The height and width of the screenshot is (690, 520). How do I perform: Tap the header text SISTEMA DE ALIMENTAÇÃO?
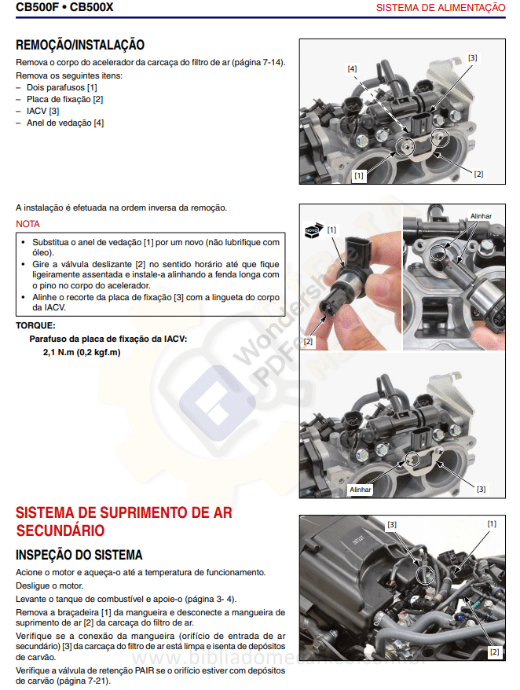[x=441, y=8]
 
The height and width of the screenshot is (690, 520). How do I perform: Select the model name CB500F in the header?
[x=38, y=8]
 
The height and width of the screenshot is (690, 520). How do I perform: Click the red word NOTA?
[x=27, y=224]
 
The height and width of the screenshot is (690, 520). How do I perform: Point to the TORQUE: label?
[x=35, y=325]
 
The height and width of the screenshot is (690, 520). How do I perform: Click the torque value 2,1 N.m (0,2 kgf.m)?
[x=82, y=352]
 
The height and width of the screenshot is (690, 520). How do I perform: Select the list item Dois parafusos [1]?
[x=62, y=87]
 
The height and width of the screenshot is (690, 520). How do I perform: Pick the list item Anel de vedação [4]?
[x=65, y=123]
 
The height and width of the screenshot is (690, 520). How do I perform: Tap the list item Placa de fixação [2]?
[x=65, y=99]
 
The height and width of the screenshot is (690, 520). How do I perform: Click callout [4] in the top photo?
[x=353, y=69]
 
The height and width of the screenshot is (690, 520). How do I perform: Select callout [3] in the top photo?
[x=472, y=57]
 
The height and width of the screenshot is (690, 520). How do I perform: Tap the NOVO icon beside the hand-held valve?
[x=313, y=230]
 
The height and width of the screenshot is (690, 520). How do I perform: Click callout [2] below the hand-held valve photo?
[x=308, y=342]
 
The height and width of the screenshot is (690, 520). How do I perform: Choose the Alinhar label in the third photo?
[x=361, y=489]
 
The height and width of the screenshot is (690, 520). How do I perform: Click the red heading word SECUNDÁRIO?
[x=60, y=530]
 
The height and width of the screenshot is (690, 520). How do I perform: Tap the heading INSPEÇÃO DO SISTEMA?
[x=79, y=556]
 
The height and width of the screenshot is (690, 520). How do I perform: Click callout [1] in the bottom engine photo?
[x=492, y=523]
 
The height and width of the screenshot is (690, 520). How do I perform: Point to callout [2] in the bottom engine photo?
[x=494, y=651]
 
